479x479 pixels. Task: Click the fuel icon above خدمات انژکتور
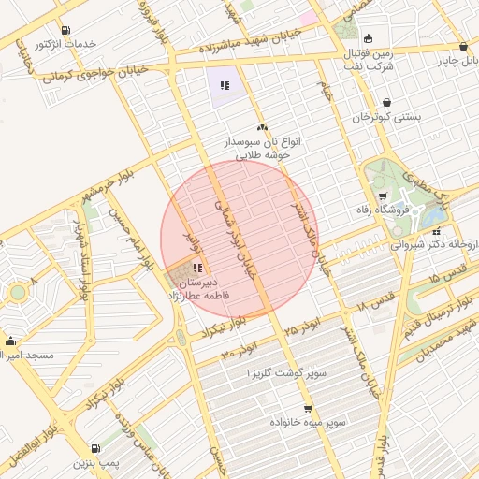pyautogui.click(x=63, y=30)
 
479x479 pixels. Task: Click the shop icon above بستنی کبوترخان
pyautogui.click(x=386, y=103)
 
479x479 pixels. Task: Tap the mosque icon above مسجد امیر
pyautogui.click(x=11, y=341)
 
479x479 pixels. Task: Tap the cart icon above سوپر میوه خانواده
pyautogui.click(x=307, y=409)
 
